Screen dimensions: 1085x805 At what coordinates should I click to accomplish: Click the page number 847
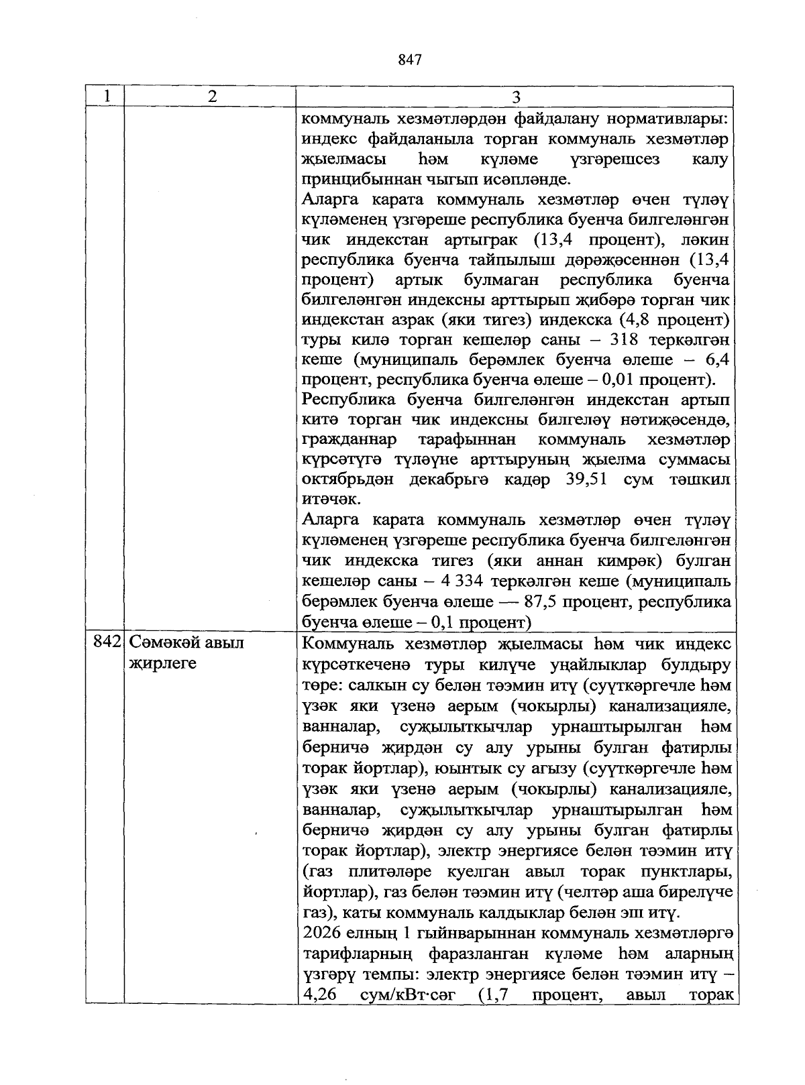click(409, 60)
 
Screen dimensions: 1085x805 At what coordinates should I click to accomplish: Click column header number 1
click(107, 96)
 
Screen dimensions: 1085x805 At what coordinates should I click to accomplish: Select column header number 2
click(212, 96)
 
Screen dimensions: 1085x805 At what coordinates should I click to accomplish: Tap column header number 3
click(516, 97)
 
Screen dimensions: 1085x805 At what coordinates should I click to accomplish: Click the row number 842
click(106, 642)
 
